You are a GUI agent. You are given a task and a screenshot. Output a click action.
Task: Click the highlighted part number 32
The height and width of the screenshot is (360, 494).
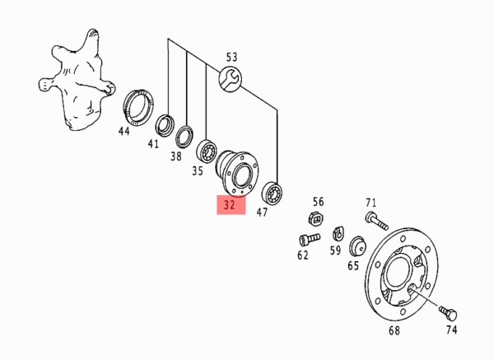click(x=230, y=205)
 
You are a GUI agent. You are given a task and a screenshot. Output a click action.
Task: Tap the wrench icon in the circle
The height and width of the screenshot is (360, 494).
click(x=231, y=79)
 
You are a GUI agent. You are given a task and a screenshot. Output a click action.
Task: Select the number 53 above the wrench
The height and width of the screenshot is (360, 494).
click(x=231, y=58)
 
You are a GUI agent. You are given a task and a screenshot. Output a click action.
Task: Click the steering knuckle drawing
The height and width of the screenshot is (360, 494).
click(x=77, y=81)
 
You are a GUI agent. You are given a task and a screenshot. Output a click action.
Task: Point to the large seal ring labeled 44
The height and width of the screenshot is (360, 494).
click(x=138, y=107)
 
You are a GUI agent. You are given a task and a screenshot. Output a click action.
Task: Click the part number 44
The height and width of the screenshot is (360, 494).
click(x=123, y=131)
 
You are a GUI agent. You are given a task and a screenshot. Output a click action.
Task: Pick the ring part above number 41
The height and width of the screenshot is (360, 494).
click(x=165, y=126)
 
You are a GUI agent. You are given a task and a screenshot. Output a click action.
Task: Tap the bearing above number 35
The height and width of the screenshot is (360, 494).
click(x=207, y=151)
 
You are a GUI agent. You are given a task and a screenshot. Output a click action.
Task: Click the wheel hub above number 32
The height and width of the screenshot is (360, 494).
click(x=237, y=173)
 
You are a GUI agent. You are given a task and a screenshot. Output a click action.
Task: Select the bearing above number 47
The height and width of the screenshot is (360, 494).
click(x=273, y=192)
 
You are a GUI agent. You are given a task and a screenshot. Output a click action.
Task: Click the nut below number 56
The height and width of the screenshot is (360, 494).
click(x=316, y=218)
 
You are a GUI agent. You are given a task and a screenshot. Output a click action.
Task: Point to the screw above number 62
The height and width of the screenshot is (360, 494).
click(x=310, y=239)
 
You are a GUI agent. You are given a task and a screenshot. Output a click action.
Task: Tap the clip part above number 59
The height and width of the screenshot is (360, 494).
click(x=338, y=233)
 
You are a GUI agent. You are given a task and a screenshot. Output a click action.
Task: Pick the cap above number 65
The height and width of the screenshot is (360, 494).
click(x=357, y=245)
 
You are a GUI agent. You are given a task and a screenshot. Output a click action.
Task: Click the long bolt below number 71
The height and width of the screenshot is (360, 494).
click(x=376, y=221)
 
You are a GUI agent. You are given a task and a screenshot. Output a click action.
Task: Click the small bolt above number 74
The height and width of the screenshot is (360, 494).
click(x=449, y=313)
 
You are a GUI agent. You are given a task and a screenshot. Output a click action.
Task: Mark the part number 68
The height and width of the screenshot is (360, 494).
click(x=394, y=330)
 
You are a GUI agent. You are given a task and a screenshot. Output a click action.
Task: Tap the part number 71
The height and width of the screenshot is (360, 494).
click(x=371, y=202)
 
